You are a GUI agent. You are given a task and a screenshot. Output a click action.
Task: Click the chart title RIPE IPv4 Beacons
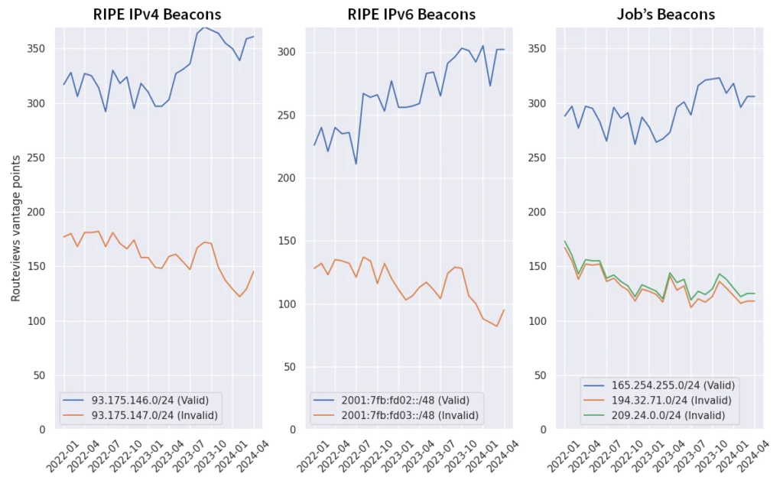click(158, 15)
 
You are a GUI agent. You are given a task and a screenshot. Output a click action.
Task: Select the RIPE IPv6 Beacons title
click(411, 15)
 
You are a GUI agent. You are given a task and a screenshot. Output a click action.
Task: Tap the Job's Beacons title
click(665, 15)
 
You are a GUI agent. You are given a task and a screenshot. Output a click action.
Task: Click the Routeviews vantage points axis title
click(16, 228)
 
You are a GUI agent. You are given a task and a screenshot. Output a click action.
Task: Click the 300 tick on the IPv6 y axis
click(290, 53)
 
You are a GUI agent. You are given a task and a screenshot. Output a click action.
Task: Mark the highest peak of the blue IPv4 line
click(205, 27)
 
